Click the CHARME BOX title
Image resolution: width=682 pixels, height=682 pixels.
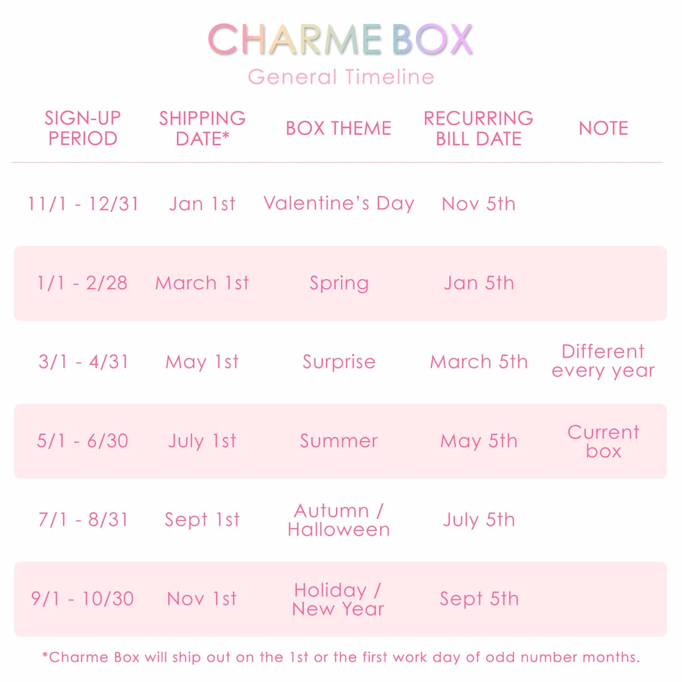[340, 39]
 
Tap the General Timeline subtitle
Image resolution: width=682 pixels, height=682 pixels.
[340, 77]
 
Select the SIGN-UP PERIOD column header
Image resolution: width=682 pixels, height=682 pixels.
[83, 128]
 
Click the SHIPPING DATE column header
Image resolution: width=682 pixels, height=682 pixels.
[202, 128]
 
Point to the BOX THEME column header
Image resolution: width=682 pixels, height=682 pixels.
[338, 128]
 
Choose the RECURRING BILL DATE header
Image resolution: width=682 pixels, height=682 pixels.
[479, 128]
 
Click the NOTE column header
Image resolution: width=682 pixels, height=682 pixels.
[603, 128]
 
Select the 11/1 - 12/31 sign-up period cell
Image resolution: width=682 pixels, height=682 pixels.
[83, 204]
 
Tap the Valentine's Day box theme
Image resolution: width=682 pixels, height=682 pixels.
[338, 203]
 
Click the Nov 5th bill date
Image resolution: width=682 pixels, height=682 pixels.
[479, 204]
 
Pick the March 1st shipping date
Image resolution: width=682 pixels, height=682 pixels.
[202, 283]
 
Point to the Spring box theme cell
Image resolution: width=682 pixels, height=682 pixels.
[338, 284]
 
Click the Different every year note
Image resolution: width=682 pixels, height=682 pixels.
[603, 361]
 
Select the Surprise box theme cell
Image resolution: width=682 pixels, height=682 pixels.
[338, 362]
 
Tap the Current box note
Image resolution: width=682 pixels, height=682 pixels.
[603, 441]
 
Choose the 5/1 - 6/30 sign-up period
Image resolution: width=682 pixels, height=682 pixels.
[83, 441]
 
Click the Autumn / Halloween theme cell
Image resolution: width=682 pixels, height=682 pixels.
[338, 520]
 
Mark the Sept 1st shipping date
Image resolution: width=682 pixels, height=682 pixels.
[202, 520]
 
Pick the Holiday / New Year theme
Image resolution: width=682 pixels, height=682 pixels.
[338, 599]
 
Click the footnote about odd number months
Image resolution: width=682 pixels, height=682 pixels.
[341, 657]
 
